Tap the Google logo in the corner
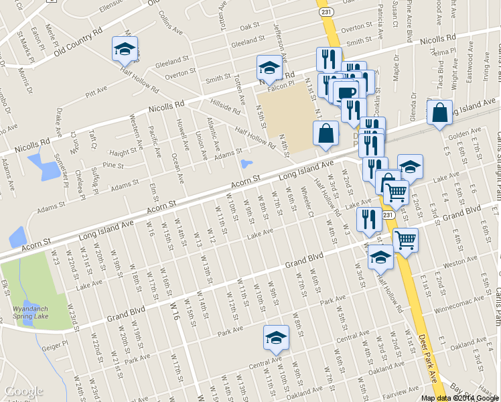click(x=23, y=391)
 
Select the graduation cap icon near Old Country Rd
click(x=125, y=50)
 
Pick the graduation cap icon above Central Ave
click(x=275, y=339)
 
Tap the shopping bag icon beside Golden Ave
click(x=439, y=114)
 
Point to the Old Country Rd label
click(x=78, y=41)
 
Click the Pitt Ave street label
click(x=96, y=92)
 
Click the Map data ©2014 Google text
click(x=459, y=397)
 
